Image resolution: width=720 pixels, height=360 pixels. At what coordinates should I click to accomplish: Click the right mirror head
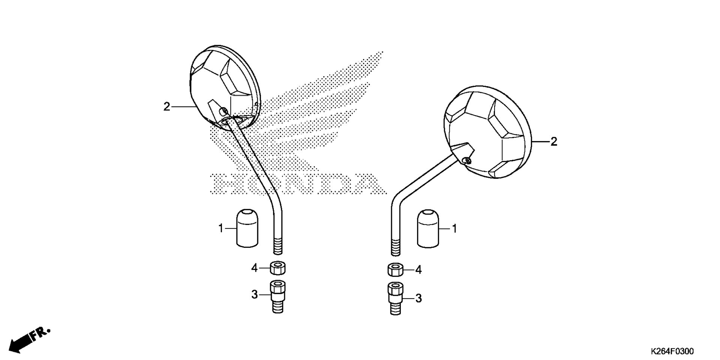pyautogui.click(x=487, y=132)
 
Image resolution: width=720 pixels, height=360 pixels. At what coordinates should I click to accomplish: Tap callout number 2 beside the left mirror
pyautogui.click(x=167, y=107)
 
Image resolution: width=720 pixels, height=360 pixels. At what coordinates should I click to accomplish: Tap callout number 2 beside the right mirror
pyautogui.click(x=553, y=142)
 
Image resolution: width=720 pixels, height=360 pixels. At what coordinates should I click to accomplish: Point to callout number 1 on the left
pyautogui.click(x=221, y=228)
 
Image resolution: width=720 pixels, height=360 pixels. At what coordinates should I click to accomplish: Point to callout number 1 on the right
pyautogui.click(x=454, y=228)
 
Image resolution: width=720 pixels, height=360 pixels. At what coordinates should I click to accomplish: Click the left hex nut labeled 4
pyautogui.click(x=278, y=268)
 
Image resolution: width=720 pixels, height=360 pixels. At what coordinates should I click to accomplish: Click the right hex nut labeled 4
pyautogui.click(x=395, y=270)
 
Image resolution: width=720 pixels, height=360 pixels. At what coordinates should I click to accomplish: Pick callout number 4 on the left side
pyautogui.click(x=255, y=268)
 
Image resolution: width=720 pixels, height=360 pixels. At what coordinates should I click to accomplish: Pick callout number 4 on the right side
pyautogui.click(x=418, y=270)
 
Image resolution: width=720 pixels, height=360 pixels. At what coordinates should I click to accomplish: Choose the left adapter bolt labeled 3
pyautogui.click(x=278, y=297)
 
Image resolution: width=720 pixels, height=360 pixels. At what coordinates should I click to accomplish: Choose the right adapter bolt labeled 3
pyautogui.click(x=395, y=298)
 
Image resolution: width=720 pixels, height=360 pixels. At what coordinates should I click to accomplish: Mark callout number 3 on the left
pyautogui.click(x=255, y=295)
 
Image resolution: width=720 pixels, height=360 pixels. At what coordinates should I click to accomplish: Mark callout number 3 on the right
pyautogui.click(x=418, y=298)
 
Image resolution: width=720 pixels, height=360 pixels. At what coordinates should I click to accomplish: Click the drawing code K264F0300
pyautogui.click(x=672, y=351)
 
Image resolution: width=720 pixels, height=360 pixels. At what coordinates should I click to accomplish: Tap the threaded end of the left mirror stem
pyautogui.click(x=278, y=246)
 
